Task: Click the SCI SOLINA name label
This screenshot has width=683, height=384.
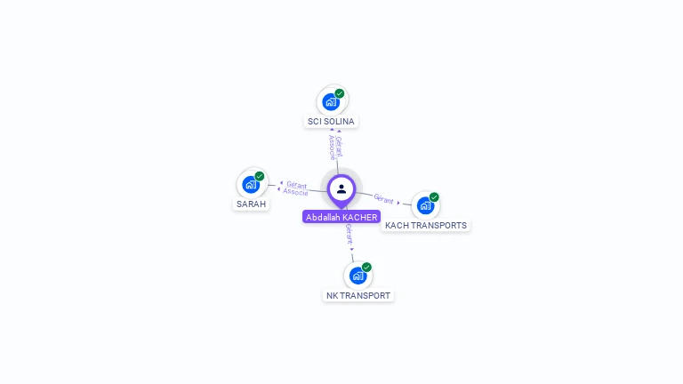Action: tap(331, 121)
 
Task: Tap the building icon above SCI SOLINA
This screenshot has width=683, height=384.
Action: tap(331, 101)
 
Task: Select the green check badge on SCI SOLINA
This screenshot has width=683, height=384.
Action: tap(340, 93)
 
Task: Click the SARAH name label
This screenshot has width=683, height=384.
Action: tap(251, 204)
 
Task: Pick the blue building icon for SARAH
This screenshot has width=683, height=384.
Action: tap(250, 185)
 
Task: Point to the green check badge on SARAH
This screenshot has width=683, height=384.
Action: tap(260, 176)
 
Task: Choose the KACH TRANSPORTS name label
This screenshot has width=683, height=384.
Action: tap(425, 225)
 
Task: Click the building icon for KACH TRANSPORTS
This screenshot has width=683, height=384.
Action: tap(425, 205)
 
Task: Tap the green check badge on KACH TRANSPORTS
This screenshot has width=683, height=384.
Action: tap(434, 197)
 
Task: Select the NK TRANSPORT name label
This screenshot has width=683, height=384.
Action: tap(358, 295)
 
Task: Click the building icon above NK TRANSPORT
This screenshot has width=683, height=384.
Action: tap(358, 276)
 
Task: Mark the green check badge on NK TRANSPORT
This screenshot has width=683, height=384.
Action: tap(366, 267)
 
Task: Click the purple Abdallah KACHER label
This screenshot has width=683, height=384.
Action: tap(341, 217)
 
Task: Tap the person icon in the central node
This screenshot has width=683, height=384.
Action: tap(341, 188)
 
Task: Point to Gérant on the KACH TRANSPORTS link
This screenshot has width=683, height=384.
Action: tap(384, 199)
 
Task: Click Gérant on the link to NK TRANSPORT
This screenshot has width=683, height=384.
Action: tap(350, 235)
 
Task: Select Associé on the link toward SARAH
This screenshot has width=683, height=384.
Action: tap(295, 192)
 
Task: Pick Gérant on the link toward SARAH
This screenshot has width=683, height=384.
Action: tap(297, 185)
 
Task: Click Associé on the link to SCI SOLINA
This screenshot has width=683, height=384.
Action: tap(332, 146)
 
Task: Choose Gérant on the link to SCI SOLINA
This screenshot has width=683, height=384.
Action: tap(339, 146)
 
